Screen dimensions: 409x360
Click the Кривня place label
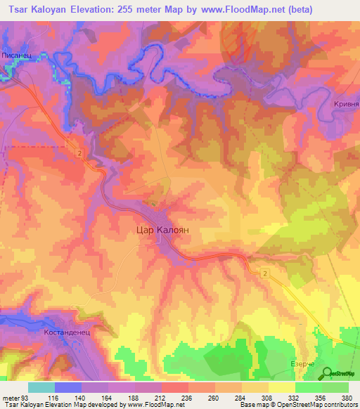click(345, 104)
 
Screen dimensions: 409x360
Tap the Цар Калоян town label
click(162, 229)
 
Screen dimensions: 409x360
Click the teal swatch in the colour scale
click(41, 387)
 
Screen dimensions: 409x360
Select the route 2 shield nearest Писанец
click(80, 154)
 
